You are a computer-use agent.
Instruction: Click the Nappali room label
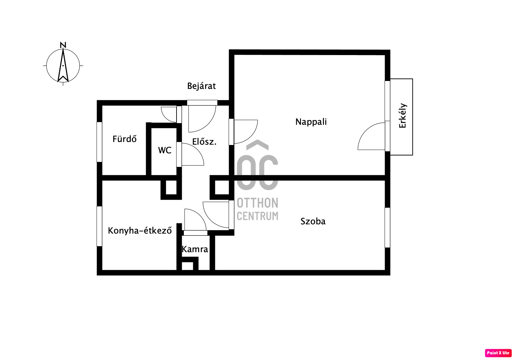point(311,122)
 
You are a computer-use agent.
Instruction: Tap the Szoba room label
point(313,221)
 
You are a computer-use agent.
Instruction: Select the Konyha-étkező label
point(140,231)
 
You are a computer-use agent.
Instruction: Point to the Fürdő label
point(124,139)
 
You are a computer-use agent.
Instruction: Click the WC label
point(165,150)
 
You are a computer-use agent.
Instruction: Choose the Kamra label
point(195,249)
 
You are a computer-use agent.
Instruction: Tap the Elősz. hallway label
point(204,142)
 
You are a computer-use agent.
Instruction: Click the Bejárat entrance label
point(201,86)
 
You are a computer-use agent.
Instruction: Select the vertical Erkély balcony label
point(403,116)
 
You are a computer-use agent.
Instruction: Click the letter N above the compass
point(63,45)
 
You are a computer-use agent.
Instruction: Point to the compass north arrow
point(63,65)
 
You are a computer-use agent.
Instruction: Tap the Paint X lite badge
point(498,353)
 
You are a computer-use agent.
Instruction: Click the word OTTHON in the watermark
point(257,203)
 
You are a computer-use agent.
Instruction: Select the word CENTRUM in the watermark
point(257,216)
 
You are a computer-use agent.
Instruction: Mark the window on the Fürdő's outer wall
point(99,142)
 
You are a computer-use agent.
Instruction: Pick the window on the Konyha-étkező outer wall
point(99,226)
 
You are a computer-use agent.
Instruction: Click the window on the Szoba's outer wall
point(387,228)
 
